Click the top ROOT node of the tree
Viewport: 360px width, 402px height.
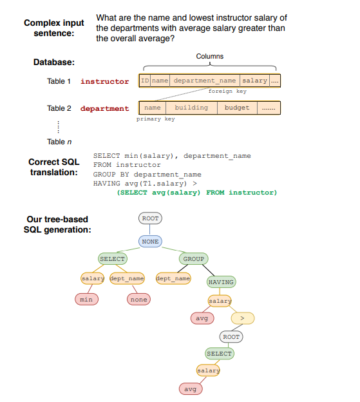(x=149, y=218)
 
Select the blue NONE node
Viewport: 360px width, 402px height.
(x=149, y=241)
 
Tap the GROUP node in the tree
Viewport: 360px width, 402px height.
(x=193, y=259)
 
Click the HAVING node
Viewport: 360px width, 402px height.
(x=221, y=282)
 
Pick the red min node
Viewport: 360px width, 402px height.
(x=86, y=299)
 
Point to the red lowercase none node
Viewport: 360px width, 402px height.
(x=138, y=299)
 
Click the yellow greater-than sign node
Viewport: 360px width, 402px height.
(x=242, y=318)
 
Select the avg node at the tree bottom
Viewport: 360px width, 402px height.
(x=190, y=390)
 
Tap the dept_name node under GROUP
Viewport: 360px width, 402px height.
(x=173, y=278)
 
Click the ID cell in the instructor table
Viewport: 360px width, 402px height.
(x=145, y=81)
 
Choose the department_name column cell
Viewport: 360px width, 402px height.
(x=204, y=81)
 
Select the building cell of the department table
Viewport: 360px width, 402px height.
(x=191, y=108)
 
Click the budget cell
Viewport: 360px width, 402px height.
(x=236, y=108)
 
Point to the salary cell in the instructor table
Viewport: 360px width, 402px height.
(x=254, y=81)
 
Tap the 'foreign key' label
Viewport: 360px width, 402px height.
(x=227, y=91)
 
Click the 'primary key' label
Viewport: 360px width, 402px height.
(x=155, y=119)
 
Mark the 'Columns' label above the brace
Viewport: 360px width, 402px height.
(x=210, y=57)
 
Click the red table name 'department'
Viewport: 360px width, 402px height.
(x=104, y=108)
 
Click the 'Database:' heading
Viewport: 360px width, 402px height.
(x=54, y=62)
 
